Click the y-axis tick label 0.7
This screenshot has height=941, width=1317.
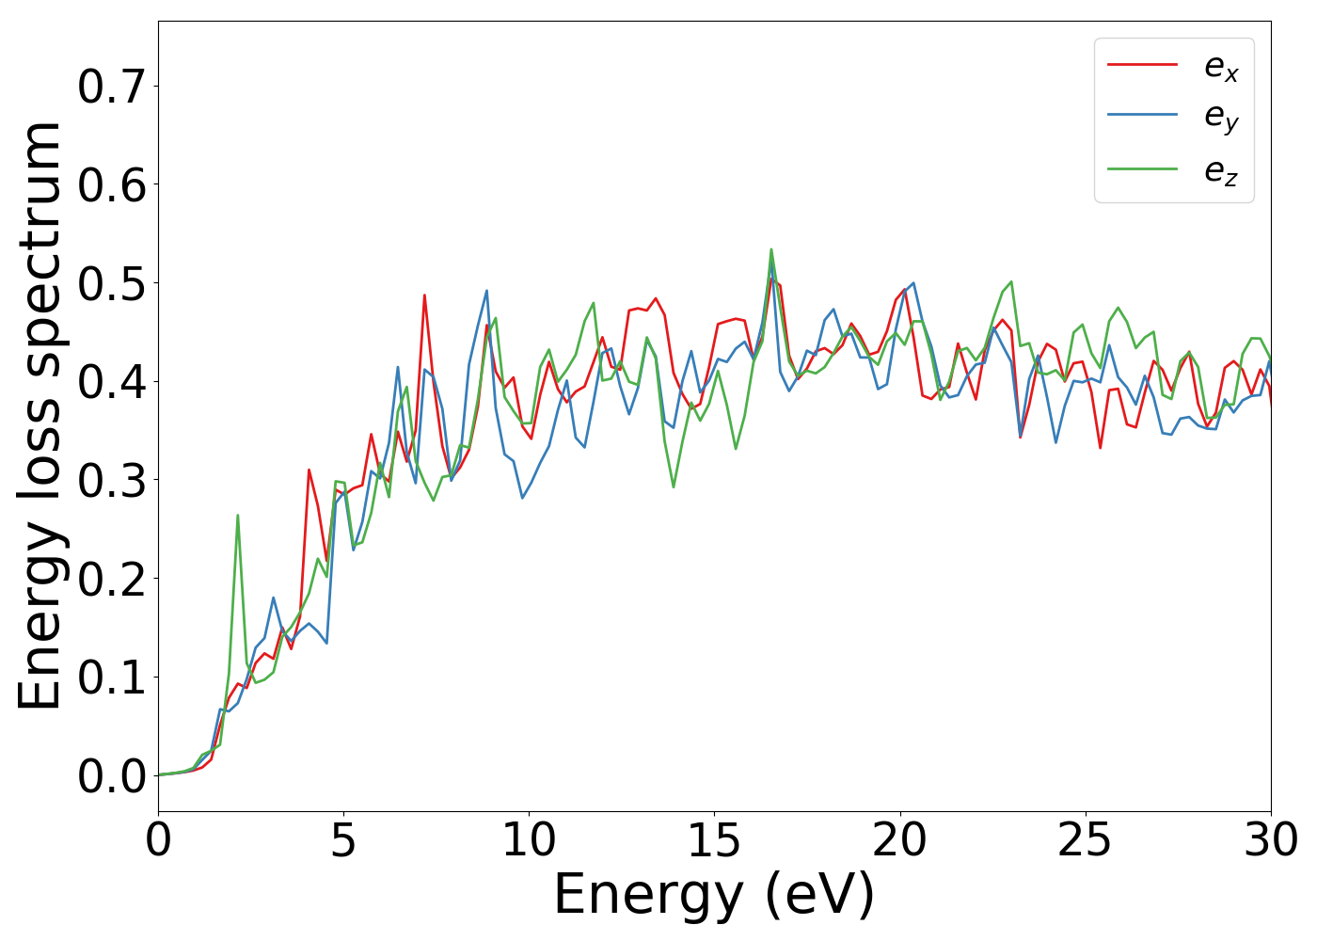point(111,88)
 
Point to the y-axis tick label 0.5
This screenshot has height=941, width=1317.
point(111,284)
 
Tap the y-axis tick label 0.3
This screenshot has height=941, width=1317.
point(111,481)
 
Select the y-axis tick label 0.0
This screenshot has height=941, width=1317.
point(111,777)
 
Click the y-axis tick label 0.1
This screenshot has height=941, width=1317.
point(111,678)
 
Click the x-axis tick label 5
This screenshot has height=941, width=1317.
point(343,840)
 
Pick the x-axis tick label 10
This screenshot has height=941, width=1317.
point(529,840)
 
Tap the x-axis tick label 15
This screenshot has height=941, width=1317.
point(714,840)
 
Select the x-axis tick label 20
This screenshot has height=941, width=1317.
point(899,840)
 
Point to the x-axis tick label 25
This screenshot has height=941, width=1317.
point(1085,840)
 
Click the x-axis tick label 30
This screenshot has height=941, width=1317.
point(1270,840)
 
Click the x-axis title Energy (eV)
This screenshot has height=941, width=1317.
point(714,895)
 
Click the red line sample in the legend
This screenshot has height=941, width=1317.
point(1142,65)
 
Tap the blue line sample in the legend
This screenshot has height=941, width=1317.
point(1142,117)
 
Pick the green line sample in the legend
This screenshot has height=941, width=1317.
point(1142,169)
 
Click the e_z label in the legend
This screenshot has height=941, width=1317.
point(1221,171)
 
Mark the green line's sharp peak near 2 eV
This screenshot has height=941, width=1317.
point(237,516)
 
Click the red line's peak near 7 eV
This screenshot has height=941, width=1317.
point(424,295)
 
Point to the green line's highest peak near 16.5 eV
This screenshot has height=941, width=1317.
point(771,250)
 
